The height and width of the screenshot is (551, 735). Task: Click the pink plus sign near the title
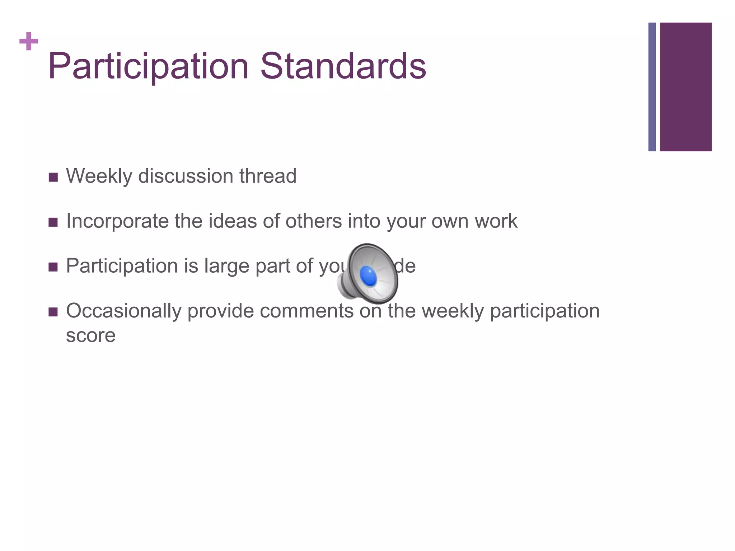click(x=29, y=42)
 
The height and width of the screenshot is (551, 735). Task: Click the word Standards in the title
click(x=343, y=66)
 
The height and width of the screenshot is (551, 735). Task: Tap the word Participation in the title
click(x=148, y=66)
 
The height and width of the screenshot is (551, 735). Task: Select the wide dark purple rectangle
click(x=685, y=87)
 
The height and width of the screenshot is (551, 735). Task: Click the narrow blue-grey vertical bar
click(x=652, y=87)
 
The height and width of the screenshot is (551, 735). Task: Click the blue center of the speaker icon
click(x=368, y=276)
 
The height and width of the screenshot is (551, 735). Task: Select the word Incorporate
click(x=117, y=221)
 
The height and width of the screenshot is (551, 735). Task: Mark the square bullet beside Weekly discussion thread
click(x=53, y=177)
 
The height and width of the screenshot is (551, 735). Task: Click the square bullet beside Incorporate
click(x=53, y=222)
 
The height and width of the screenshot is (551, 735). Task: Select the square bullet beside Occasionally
click(x=53, y=312)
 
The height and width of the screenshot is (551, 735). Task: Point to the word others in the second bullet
click(x=313, y=221)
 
